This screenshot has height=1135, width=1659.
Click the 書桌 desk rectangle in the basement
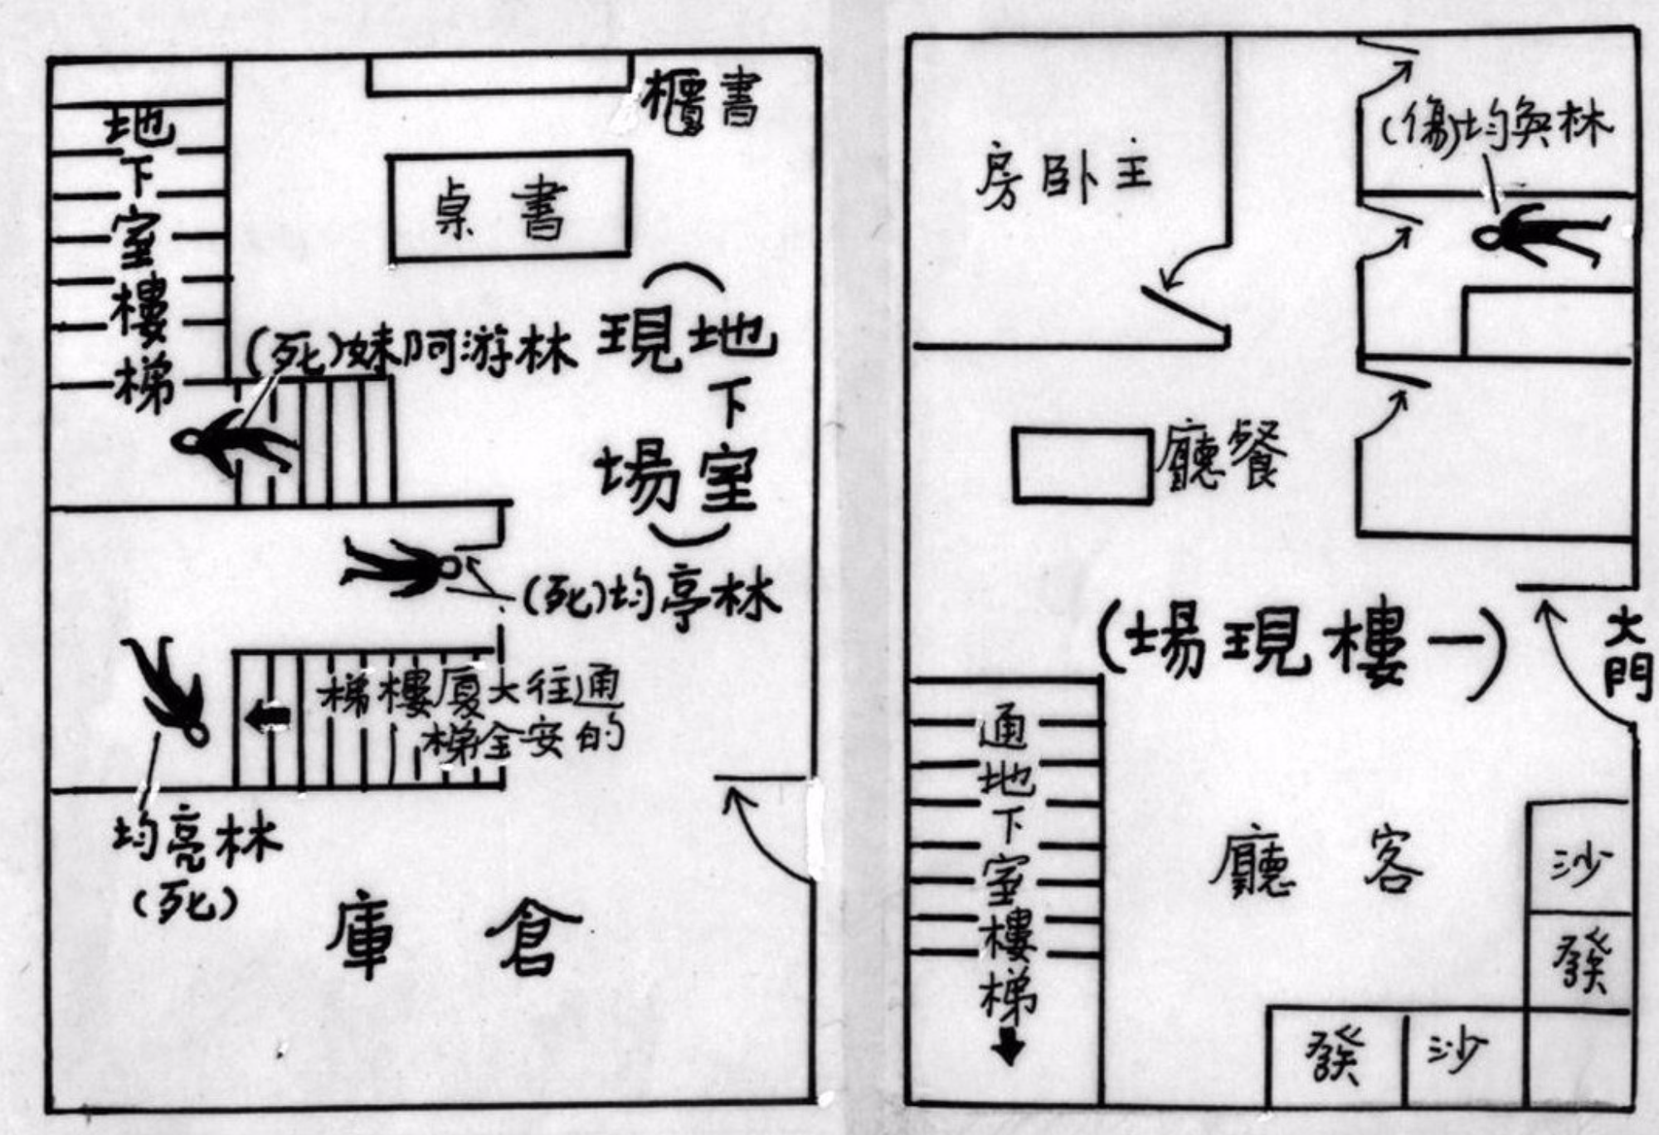[x=509, y=205]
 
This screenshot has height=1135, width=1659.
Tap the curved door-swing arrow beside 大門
[x=1572, y=655]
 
